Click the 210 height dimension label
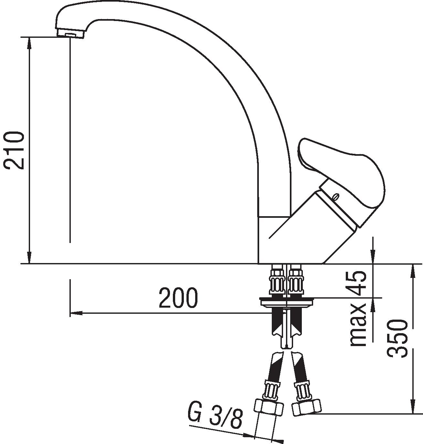pyautogui.click(x=14, y=151)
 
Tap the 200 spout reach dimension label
pyautogui.click(x=178, y=298)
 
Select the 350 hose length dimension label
pyautogui.click(x=397, y=338)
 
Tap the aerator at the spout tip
pyautogui.click(x=70, y=34)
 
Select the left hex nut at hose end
pyautogui.click(x=269, y=407)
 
